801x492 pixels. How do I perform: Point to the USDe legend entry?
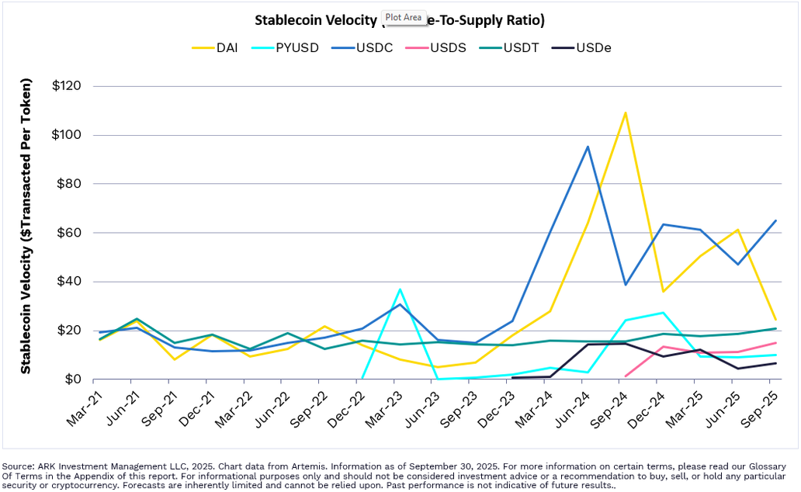pos(592,48)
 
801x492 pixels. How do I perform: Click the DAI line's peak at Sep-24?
pos(625,113)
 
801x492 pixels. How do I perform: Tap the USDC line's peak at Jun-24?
pos(588,146)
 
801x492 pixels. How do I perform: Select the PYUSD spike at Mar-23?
pos(400,289)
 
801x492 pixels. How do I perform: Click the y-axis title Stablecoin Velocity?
pos(26,226)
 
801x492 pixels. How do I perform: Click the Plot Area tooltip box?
pos(403,17)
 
